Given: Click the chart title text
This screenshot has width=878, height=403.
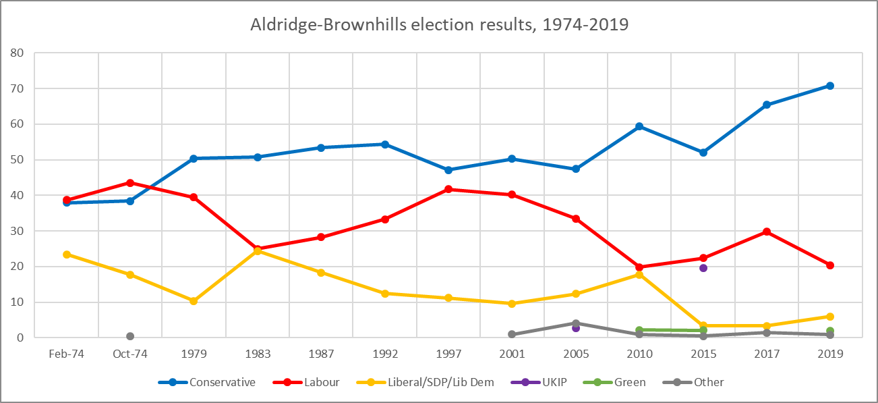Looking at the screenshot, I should pyautogui.click(x=439, y=25).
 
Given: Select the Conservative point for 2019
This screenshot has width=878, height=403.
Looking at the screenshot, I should pyautogui.click(x=830, y=86).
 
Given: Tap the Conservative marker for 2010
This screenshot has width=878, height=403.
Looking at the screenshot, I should pyautogui.click(x=639, y=126).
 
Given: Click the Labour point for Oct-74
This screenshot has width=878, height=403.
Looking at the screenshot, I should pyautogui.click(x=130, y=183).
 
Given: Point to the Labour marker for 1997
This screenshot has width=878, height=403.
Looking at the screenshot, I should pyautogui.click(x=448, y=190).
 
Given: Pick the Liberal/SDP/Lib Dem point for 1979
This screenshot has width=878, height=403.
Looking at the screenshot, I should pyautogui.click(x=194, y=301).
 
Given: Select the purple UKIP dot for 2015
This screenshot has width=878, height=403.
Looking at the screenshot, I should pyautogui.click(x=703, y=268).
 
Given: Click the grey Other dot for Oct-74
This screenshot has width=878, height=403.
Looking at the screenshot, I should pyautogui.click(x=130, y=336).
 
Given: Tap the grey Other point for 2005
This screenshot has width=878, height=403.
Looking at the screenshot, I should pyautogui.click(x=576, y=323).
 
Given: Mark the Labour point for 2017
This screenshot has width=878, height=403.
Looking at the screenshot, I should pyautogui.click(x=767, y=232).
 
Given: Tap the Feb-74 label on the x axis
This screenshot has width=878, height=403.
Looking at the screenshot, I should pyautogui.click(x=66, y=354).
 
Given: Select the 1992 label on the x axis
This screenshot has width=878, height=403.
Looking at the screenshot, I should pyautogui.click(x=384, y=354).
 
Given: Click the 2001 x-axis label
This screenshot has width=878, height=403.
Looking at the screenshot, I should pyautogui.click(x=512, y=354).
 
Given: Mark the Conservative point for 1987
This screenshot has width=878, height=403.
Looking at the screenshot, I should pyautogui.click(x=321, y=148).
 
